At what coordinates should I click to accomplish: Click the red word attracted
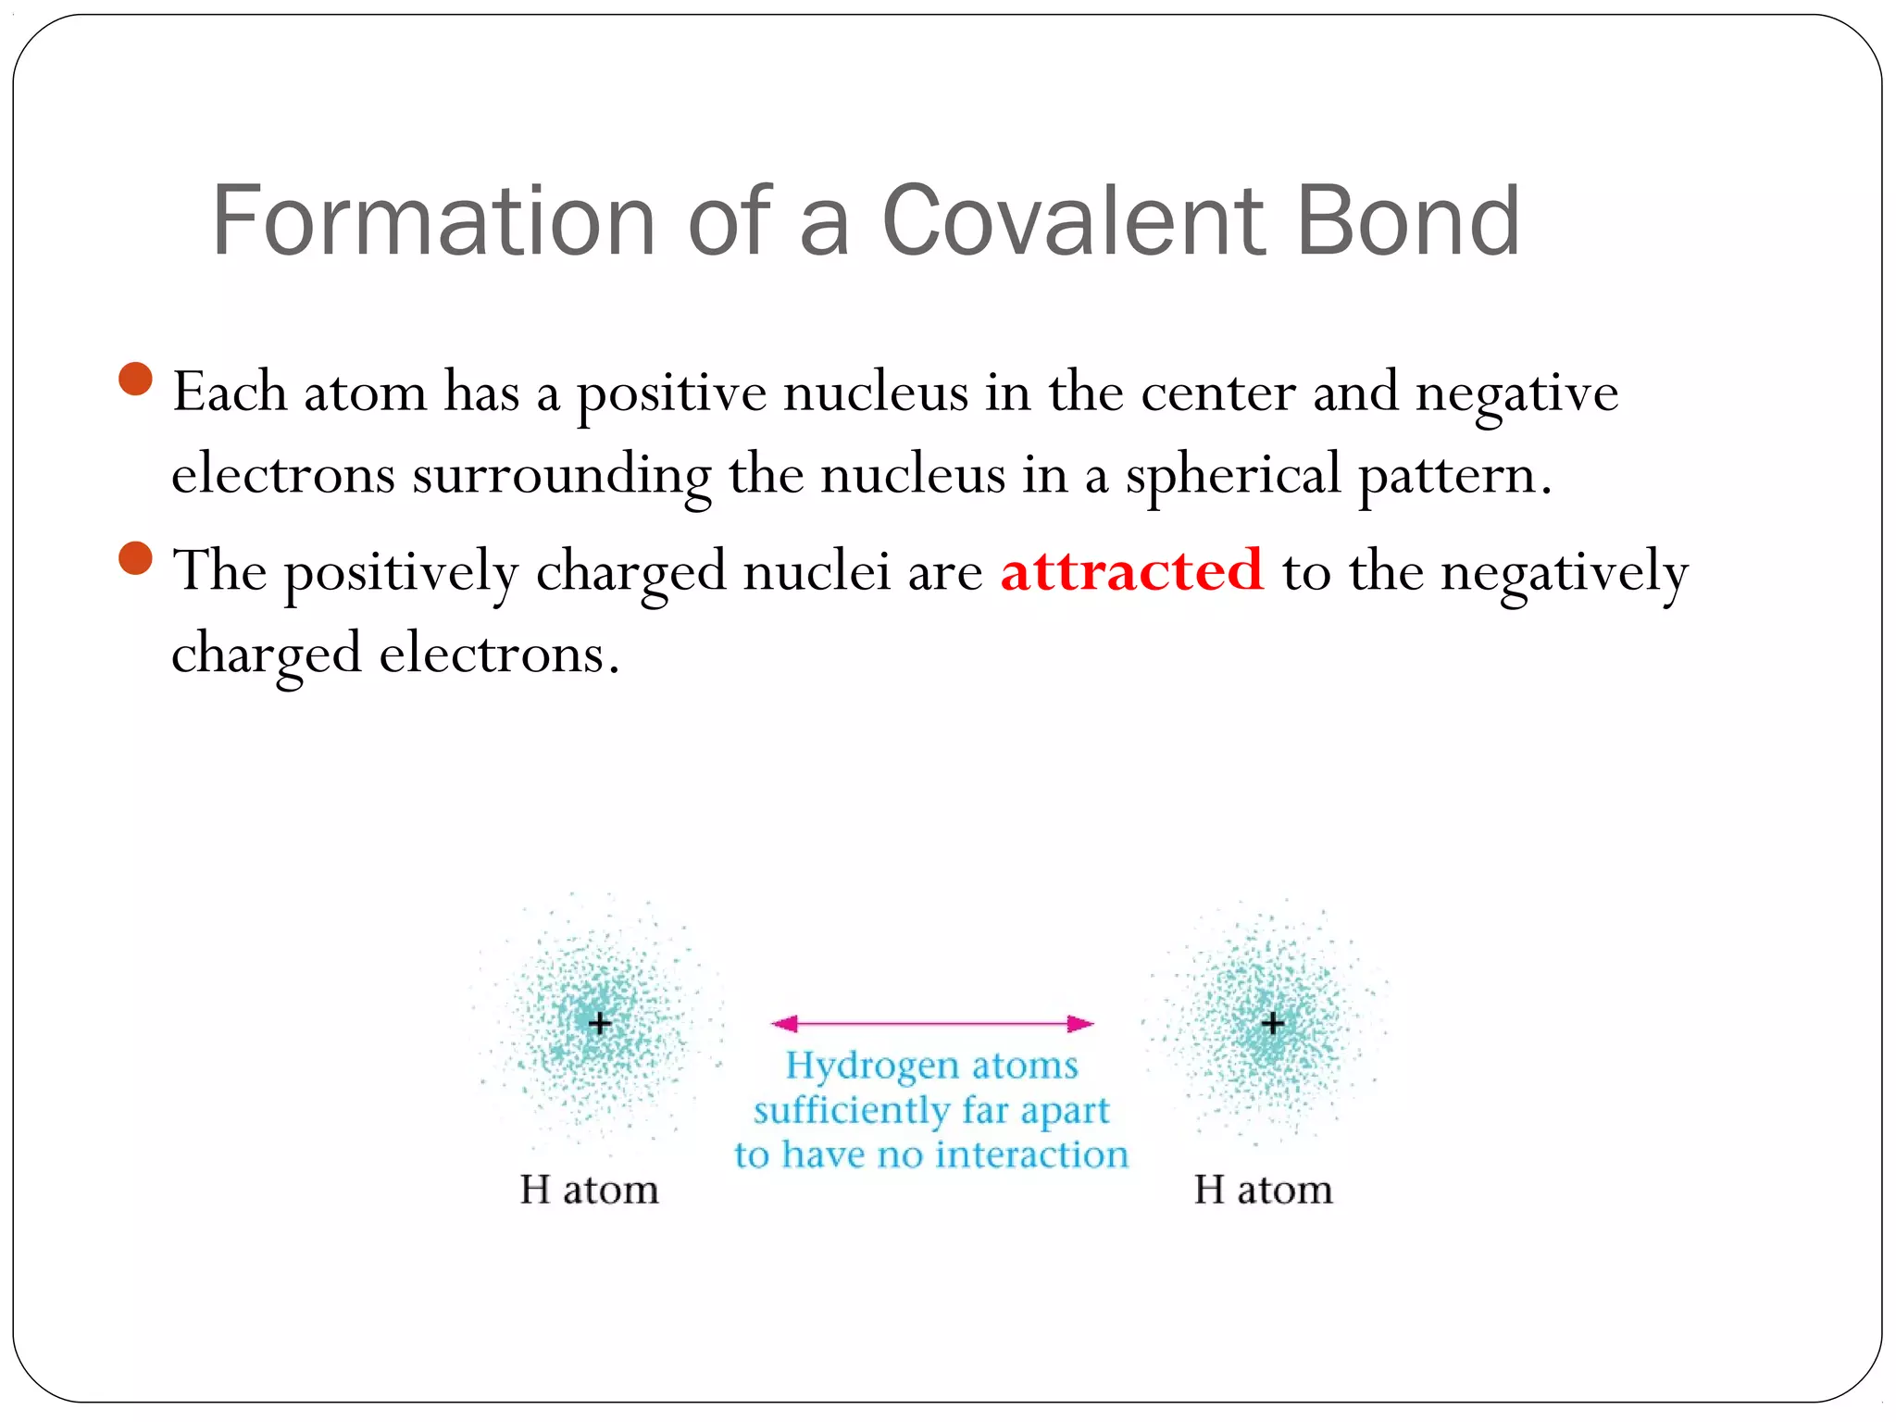pos(1131,570)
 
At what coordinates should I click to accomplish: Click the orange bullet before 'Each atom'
pos(136,379)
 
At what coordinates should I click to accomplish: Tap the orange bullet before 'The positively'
pos(136,558)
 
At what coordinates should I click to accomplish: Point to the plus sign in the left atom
pos(600,1023)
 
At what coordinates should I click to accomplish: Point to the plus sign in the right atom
pos(1273,1023)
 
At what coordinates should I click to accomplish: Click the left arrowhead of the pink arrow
pos(784,1023)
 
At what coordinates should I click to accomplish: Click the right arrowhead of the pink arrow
pos(1081,1023)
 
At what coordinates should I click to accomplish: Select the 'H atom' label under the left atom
pos(589,1190)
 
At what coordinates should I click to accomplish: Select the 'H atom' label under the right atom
pos(1263,1190)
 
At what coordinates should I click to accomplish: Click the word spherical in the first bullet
pos(1233,476)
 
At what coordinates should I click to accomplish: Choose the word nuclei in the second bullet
pos(817,570)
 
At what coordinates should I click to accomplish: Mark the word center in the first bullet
pos(1217,393)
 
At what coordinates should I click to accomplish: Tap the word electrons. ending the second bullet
pos(498,654)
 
